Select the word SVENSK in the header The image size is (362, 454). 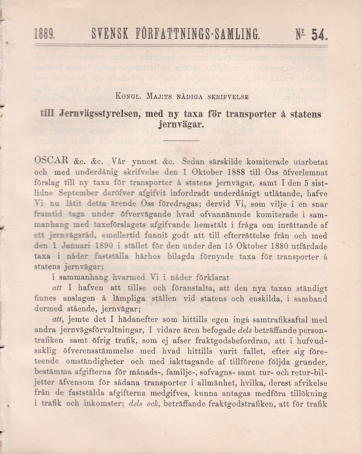pyautogui.click(x=110, y=34)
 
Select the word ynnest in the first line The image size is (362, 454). pyautogui.click(x=144, y=162)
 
